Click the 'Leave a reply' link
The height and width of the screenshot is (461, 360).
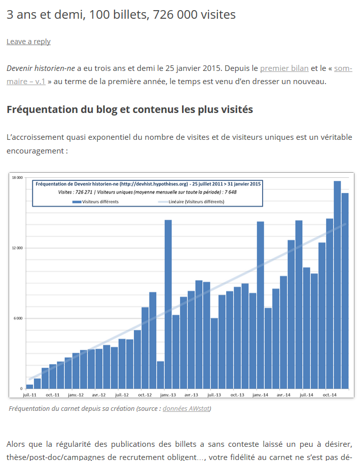point(28,42)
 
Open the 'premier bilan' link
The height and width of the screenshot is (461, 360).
point(284,68)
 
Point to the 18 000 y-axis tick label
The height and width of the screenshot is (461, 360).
point(18,177)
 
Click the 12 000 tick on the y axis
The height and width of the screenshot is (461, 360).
point(18,248)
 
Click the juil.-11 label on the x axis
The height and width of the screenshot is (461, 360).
point(29,394)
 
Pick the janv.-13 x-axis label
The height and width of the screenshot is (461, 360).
point(168,394)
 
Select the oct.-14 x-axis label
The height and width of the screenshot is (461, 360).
point(330,394)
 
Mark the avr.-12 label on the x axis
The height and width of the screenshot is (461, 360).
point(99,394)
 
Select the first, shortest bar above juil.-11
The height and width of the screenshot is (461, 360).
point(29,387)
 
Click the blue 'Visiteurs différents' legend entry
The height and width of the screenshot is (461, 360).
point(96,201)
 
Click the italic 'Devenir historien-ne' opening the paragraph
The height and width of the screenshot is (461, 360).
point(41,68)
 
